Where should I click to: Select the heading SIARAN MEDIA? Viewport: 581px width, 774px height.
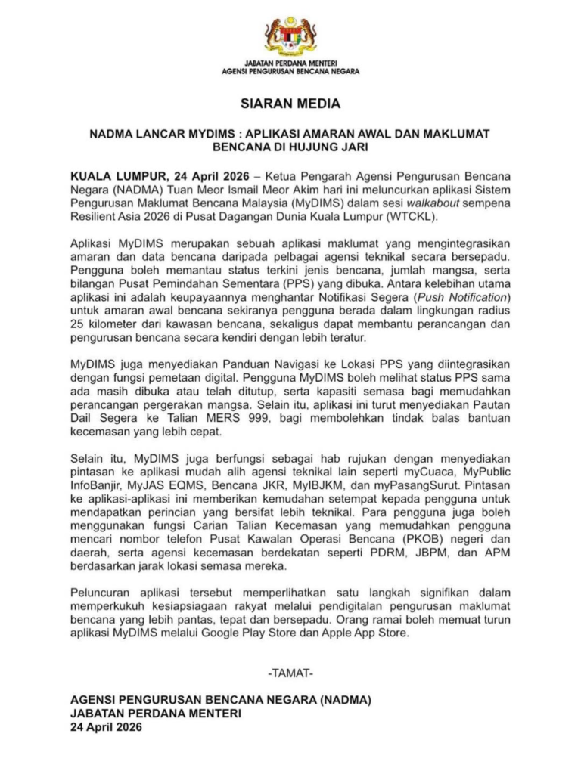[x=290, y=103]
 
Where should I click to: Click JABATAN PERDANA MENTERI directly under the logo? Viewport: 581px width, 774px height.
[x=290, y=62]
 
